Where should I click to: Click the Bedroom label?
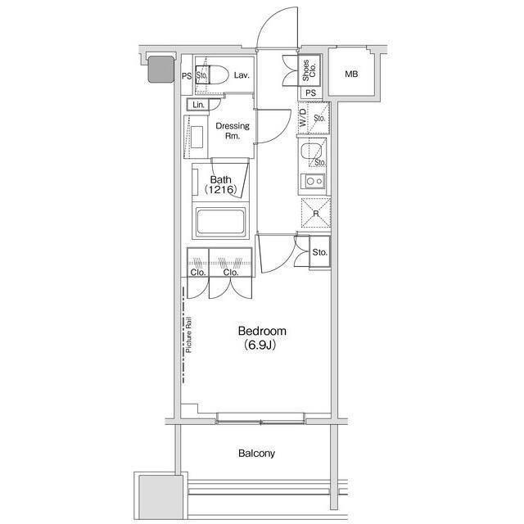[x=262, y=331]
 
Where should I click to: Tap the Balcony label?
[x=256, y=453]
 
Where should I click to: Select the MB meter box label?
[x=351, y=74]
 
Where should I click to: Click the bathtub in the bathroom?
[x=220, y=221]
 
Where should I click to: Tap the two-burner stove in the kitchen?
[x=313, y=182]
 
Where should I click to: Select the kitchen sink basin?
[x=311, y=151]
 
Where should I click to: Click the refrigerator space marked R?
[x=316, y=213]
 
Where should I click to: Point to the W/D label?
[x=303, y=118]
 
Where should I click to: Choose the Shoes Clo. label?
[x=309, y=70]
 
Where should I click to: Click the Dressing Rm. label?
[x=233, y=131]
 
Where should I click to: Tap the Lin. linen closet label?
[x=198, y=105]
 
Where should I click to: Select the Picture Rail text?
[x=189, y=335]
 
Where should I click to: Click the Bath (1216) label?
[x=220, y=184]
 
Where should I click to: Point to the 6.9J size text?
[x=260, y=345]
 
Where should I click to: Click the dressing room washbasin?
[x=196, y=137]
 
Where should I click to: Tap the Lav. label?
[x=242, y=75]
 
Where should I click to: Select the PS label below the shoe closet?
[x=311, y=93]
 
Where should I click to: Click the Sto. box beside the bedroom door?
[x=320, y=252]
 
